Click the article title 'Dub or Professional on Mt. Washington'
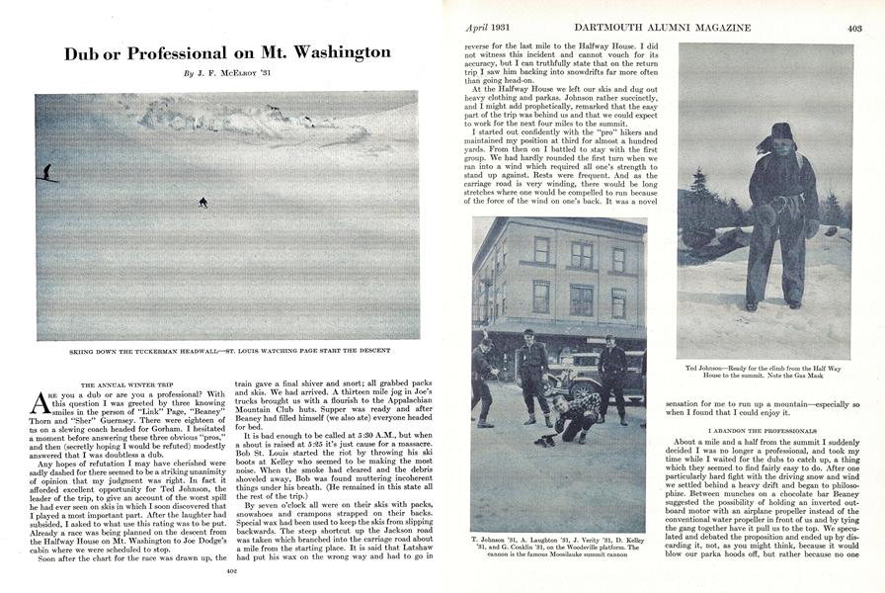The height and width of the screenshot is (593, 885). (227, 52)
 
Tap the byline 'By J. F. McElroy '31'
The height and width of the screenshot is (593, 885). (227, 74)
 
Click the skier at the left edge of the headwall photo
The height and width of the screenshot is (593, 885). (45, 172)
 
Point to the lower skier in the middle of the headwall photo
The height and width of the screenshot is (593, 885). (203, 202)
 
